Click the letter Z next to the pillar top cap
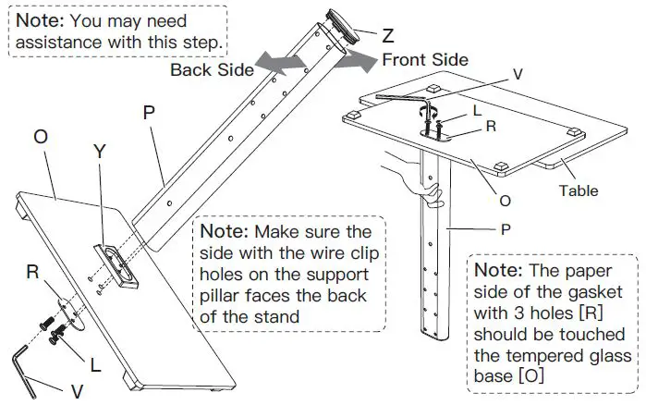coord(387,36)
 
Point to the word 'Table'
coord(578,191)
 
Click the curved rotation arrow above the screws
coord(426,109)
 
